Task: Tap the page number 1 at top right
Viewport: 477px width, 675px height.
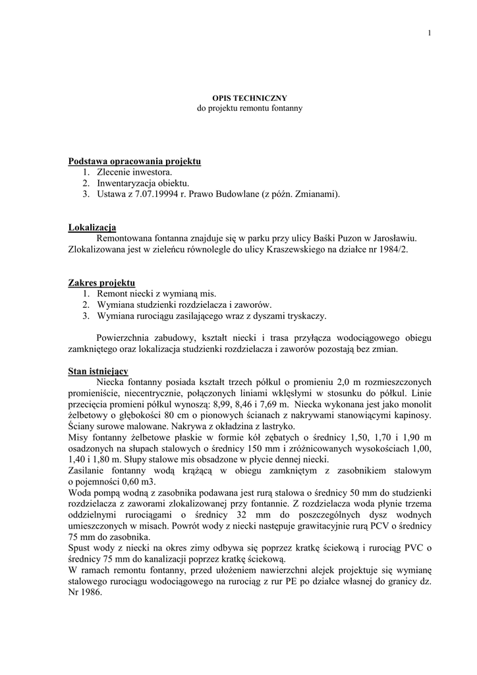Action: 429,34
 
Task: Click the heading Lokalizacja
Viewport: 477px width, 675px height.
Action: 92,228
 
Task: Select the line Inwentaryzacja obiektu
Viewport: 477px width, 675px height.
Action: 143,183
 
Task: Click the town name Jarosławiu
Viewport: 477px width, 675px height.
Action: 393,239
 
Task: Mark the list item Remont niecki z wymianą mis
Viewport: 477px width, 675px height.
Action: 156,293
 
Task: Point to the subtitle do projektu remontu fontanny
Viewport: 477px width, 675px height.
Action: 250,107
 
